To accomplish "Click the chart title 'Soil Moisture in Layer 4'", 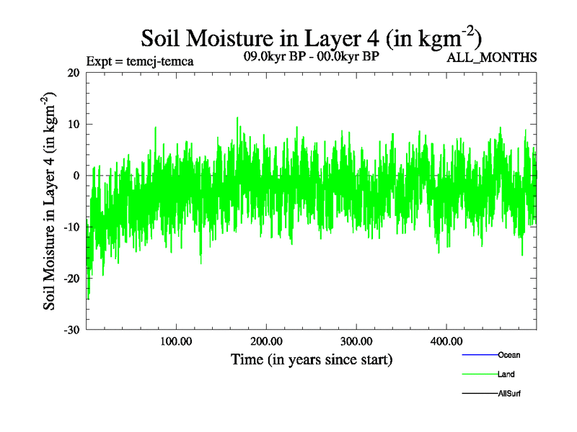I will click(x=311, y=37).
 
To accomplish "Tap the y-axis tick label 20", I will click(x=72, y=73).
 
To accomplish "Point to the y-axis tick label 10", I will click(x=72, y=124).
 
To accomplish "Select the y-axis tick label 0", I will click(x=76, y=176).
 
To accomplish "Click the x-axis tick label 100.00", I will click(x=176, y=341).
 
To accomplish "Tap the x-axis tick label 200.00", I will click(x=266, y=341).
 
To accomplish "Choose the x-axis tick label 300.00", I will click(x=356, y=341).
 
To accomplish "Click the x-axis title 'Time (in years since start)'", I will click(x=312, y=359).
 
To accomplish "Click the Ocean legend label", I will click(x=509, y=355).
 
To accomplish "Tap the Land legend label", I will click(x=506, y=374).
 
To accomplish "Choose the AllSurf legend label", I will click(x=509, y=393).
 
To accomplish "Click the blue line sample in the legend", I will click(x=479, y=355).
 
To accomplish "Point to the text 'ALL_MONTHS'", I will click(x=492, y=58).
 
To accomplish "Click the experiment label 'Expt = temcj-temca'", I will click(x=139, y=60).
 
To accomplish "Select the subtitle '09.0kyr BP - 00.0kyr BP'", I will click(x=312, y=55).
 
